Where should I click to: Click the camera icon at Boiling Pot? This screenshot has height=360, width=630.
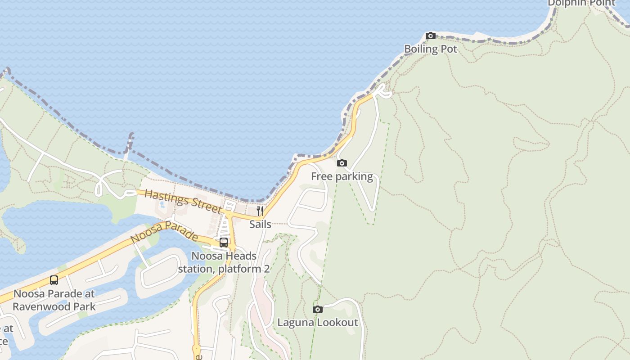click(x=431, y=36)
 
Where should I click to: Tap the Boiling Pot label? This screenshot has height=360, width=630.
click(x=431, y=49)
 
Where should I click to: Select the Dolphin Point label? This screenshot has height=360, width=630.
click(x=581, y=3)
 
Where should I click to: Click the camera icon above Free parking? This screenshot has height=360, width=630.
click(x=342, y=163)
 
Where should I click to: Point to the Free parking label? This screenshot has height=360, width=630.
click(x=342, y=176)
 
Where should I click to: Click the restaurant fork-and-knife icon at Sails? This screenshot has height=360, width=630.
click(x=260, y=211)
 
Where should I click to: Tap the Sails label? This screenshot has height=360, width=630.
click(x=260, y=224)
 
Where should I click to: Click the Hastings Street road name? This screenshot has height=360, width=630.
click(x=183, y=201)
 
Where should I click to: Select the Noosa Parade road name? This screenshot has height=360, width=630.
click(x=164, y=231)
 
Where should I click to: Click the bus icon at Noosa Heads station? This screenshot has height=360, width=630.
click(x=224, y=243)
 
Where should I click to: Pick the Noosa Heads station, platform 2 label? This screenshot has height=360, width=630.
click(x=224, y=262)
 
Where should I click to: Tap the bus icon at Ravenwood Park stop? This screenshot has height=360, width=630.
click(x=54, y=280)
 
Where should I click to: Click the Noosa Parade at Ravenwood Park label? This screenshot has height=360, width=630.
click(x=54, y=300)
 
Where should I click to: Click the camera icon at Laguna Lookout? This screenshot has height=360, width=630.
click(x=318, y=309)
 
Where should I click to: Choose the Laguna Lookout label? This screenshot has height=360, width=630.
click(x=318, y=323)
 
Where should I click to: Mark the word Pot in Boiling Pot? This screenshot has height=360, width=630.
click(x=449, y=49)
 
